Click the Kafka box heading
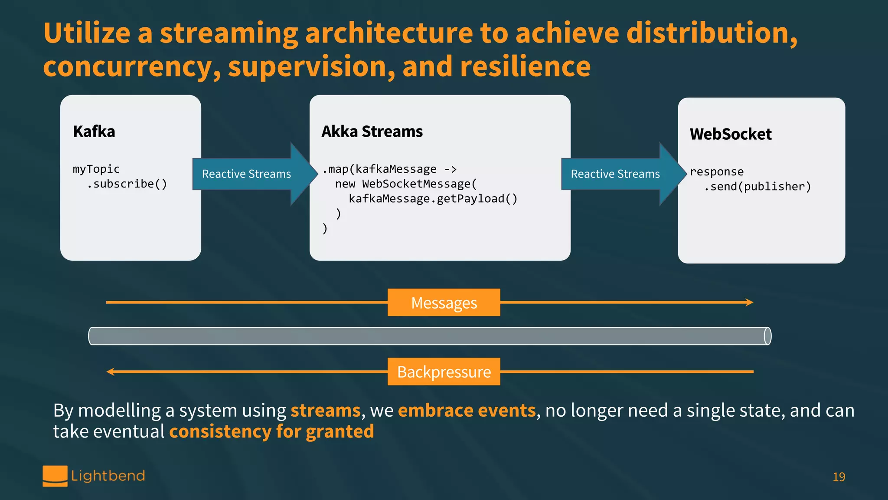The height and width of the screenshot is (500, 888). (94, 132)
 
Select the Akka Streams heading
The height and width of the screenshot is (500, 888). (372, 132)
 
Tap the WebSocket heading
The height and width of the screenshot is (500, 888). (731, 134)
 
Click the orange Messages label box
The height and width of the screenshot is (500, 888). (444, 303)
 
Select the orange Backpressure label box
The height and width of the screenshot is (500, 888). (444, 372)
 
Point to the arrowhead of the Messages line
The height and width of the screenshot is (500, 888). (750, 303)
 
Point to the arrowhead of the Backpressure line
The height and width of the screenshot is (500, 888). (111, 372)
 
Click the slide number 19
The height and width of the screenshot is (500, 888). (839, 477)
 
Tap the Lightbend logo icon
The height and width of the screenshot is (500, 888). (55, 476)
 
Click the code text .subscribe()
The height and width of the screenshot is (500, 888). (127, 184)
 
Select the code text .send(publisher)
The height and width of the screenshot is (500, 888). (757, 187)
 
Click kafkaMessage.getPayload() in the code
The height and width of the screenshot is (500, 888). (433, 199)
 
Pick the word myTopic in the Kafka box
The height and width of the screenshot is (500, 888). (96, 169)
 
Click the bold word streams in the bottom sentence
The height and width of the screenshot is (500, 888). (325, 411)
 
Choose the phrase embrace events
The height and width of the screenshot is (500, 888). (467, 411)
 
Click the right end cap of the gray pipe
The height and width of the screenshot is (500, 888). (767, 336)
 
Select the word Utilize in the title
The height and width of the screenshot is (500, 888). (87, 33)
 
